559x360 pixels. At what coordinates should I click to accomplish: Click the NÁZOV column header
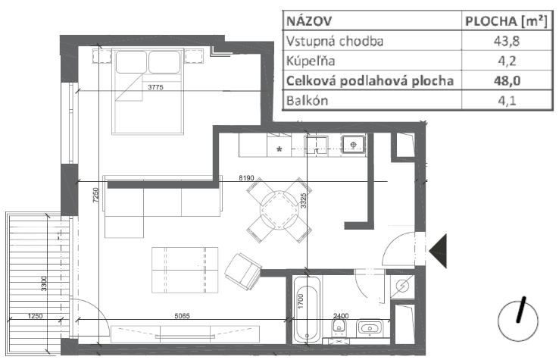309,21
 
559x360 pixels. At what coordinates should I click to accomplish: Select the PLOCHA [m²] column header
506,21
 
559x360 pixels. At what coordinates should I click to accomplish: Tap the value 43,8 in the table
507,41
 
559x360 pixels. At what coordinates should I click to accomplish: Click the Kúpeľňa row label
311,61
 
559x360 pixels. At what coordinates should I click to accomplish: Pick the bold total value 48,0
507,81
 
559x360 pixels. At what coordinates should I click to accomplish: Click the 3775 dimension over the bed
155,87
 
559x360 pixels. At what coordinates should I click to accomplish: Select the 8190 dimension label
246,177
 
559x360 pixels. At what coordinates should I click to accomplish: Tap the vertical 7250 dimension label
95,196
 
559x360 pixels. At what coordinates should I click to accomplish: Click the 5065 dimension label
183,316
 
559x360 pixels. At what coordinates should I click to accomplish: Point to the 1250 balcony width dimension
36,316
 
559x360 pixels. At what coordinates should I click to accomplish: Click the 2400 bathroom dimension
341,316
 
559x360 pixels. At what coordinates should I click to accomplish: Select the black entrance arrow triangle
438,251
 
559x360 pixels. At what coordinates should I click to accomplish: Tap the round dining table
279,211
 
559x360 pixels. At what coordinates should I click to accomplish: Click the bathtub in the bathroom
307,309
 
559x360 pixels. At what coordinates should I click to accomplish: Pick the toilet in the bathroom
339,328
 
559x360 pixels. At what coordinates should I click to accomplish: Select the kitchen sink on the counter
353,145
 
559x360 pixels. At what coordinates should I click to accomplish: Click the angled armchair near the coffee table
243,271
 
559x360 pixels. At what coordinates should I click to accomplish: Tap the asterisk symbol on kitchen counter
279,149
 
